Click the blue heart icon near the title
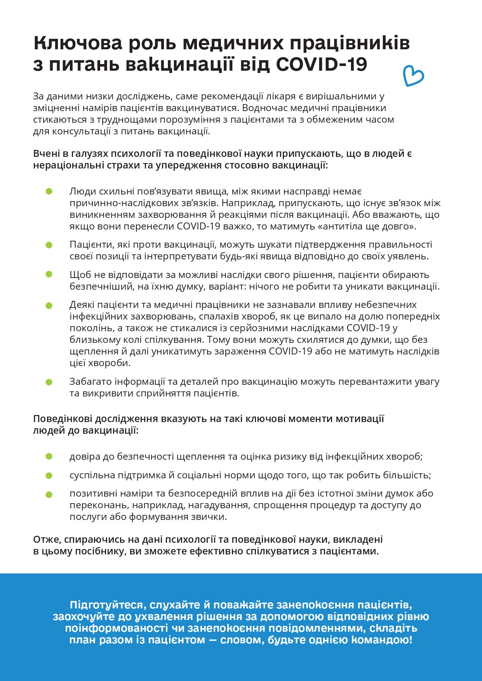click(x=413, y=76)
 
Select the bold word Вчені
click(x=45, y=154)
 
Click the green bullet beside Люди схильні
click(x=49, y=191)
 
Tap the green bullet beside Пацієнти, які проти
click(x=49, y=245)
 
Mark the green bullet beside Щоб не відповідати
click(x=49, y=274)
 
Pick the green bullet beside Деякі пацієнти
click(x=49, y=305)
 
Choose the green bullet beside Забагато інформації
click(x=49, y=382)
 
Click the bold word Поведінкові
click(x=63, y=419)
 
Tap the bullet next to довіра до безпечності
click(x=49, y=457)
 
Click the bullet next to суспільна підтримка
click(x=49, y=475)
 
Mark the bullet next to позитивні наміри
click(x=49, y=494)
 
